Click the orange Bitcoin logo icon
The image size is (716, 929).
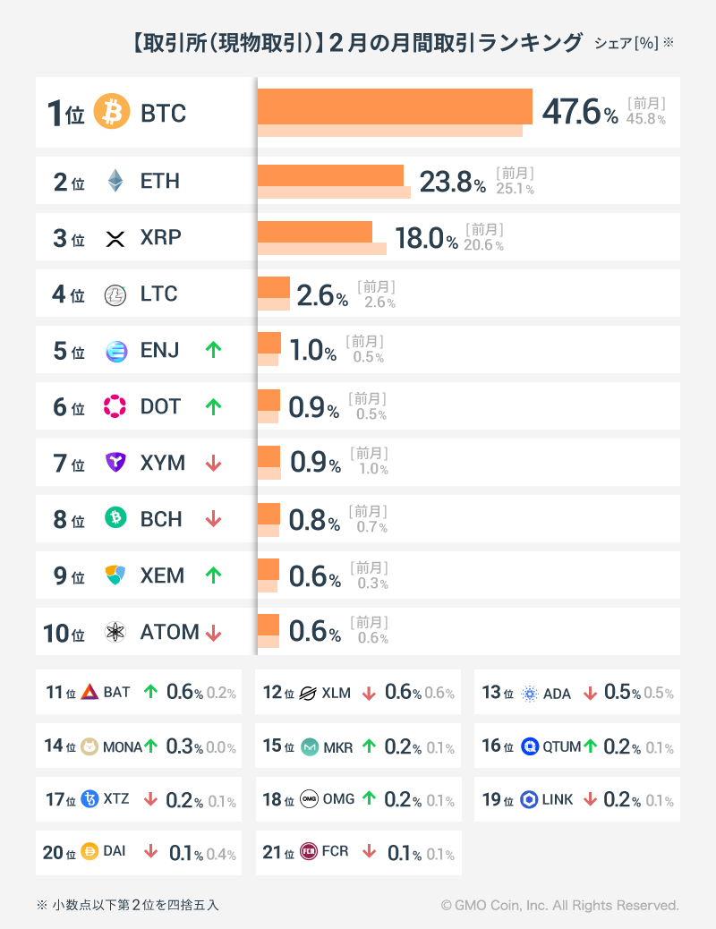click(x=112, y=113)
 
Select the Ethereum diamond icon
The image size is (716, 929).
click(x=115, y=181)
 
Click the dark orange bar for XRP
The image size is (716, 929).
click(x=314, y=232)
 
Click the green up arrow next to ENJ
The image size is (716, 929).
click(x=213, y=350)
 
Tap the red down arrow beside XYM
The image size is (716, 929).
click(x=213, y=463)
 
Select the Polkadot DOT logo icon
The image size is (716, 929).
click(x=115, y=406)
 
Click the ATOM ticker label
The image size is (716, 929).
click(x=169, y=632)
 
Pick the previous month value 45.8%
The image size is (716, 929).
click(x=645, y=119)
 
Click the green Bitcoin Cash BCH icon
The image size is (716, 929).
click(x=115, y=519)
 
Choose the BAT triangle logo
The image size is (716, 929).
click(x=89, y=692)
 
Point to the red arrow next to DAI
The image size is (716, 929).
click(x=150, y=852)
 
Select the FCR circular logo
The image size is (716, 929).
click(x=309, y=852)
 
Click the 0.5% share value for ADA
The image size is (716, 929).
click(x=622, y=693)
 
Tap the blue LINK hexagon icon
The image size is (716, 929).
click(x=529, y=799)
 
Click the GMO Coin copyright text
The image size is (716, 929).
click(x=559, y=906)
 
